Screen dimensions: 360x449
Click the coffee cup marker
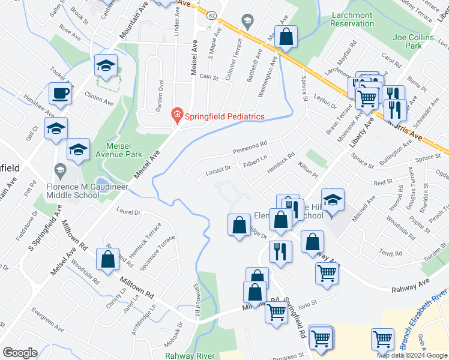coord(60,94)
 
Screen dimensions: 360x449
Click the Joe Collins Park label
coord(414,41)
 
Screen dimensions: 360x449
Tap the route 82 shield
coord(212,16)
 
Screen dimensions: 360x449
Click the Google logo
coord(20,353)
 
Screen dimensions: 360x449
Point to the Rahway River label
coord(190,355)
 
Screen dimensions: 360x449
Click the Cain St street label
coord(208,77)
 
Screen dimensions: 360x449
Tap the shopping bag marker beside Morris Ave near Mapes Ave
coord(286,36)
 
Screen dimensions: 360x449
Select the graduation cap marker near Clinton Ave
coord(106,67)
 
